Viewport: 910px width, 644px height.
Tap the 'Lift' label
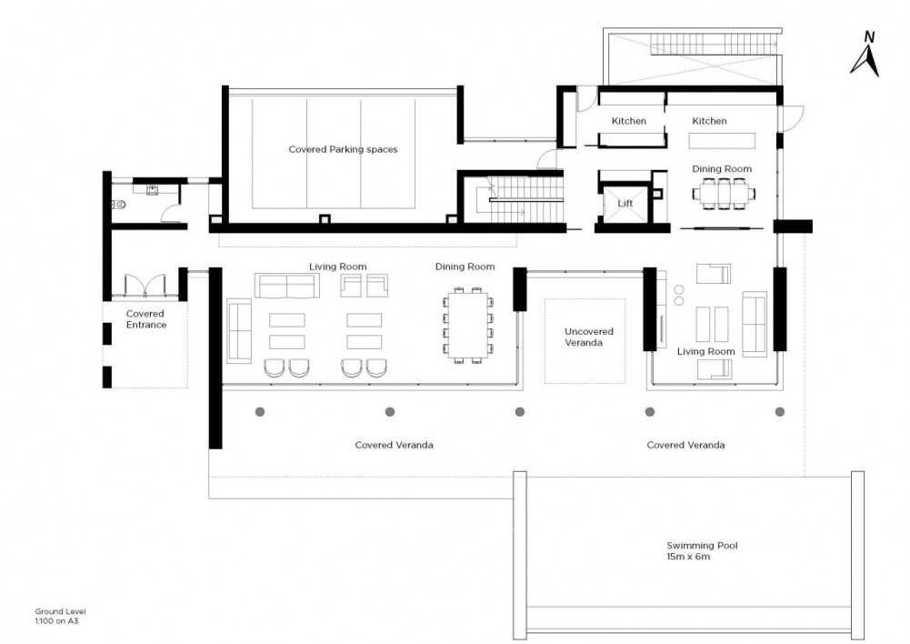[625, 203]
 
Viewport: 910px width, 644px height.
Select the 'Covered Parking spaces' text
[343, 149]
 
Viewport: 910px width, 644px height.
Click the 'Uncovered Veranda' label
[588, 337]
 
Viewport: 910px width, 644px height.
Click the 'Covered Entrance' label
[145, 318]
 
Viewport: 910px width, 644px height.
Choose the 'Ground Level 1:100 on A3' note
[60, 616]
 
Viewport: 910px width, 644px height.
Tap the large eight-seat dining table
[468, 325]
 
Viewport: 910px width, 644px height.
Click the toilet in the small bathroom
[118, 205]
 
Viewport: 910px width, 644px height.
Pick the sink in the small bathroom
[152, 189]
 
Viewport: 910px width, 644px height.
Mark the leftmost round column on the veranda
[260, 412]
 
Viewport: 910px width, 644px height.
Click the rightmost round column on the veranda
[779, 412]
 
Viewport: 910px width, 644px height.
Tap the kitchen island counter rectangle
[722, 141]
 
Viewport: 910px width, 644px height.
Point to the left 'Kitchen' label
[628, 121]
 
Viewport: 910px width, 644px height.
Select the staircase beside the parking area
[519, 200]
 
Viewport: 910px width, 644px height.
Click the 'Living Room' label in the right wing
[705, 351]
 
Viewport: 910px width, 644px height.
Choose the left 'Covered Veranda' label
[394, 445]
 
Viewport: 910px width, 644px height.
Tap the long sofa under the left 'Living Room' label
[287, 286]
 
